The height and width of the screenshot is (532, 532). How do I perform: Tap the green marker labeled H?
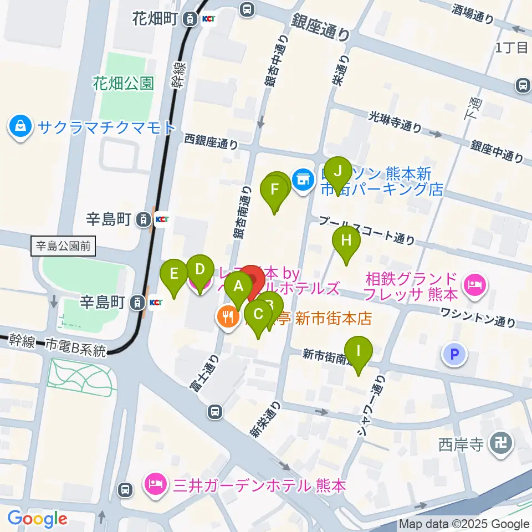tap(346, 240)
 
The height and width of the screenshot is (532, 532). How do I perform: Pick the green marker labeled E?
tap(174, 273)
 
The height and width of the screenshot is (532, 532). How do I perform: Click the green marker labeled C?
tap(258, 314)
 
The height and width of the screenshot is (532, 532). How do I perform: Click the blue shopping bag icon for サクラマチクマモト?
tap(21, 126)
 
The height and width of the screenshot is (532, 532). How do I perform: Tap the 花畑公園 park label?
tap(123, 84)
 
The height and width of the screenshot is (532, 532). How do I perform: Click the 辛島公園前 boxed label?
tap(63, 245)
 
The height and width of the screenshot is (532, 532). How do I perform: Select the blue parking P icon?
tap(454, 355)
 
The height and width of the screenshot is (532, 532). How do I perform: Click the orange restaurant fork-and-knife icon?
tap(227, 318)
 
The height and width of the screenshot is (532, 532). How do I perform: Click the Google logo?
tap(37, 519)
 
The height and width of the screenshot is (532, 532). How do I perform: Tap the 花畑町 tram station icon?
tap(191, 19)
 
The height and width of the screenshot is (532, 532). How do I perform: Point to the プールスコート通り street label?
tap(367, 229)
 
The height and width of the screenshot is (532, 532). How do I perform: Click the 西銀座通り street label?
tap(212, 141)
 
